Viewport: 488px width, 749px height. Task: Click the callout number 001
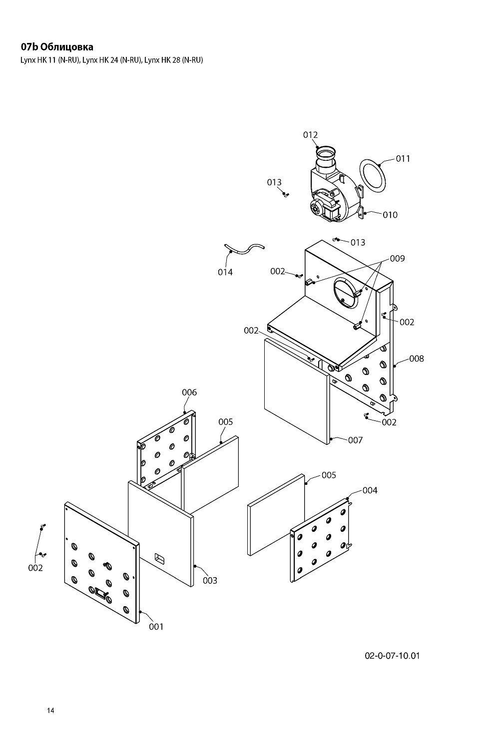pyautogui.click(x=156, y=627)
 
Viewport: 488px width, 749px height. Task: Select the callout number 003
pyautogui.click(x=210, y=580)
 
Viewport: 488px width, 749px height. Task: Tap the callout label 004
pyautogui.click(x=370, y=490)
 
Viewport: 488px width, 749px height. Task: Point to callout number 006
pyautogui.click(x=189, y=392)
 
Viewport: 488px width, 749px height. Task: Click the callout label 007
pyautogui.click(x=355, y=440)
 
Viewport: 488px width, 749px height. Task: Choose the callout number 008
pyautogui.click(x=417, y=359)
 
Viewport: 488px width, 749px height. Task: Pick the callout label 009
pyautogui.click(x=398, y=259)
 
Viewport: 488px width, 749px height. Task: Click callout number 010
pyautogui.click(x=390, y=215)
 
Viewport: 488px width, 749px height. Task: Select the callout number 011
pyautogui.click(x=403, y=158)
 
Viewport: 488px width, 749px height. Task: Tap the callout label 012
pyautogui.click(x=310, y=135)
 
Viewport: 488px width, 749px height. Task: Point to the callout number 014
pyautogui.click(x=225, y=272)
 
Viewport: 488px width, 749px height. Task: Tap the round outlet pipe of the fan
pyautogui.click(x=325, y=158)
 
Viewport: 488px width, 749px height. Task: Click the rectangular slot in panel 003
pyautogui.click(x=159, y=557)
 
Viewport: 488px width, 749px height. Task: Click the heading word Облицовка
pyautogui.click(x=66, y=47)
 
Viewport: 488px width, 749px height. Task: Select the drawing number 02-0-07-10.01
pyautogui.click(x=392, y=655)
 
